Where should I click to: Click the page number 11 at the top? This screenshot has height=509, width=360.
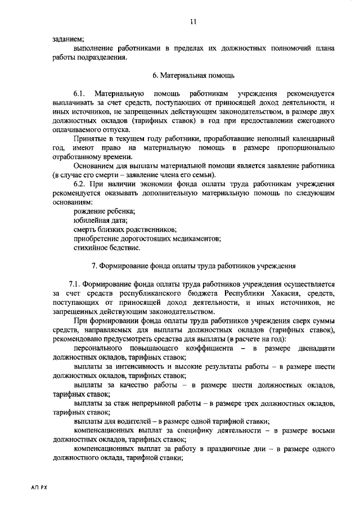coord(193,21)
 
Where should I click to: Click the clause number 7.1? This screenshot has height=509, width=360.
coord(75,284)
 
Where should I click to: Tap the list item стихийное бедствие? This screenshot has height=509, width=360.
coord(107,247)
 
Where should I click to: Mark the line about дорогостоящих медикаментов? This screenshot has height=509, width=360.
coord(147,238)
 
